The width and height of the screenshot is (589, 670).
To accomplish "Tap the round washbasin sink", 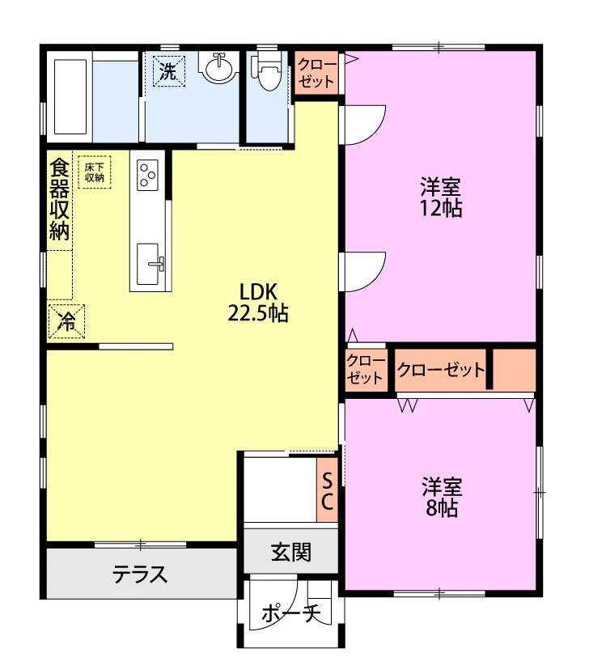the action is coord(219,68).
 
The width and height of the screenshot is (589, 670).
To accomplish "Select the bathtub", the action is coord(70,96).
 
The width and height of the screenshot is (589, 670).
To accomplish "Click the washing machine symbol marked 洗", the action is coord(169,71).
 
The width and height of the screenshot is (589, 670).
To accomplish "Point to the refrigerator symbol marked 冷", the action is coord(66,321).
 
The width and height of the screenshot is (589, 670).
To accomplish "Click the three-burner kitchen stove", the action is coord(148,175).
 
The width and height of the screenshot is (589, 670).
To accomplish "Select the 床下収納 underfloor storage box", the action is coord(95,172).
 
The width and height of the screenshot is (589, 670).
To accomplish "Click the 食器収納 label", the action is coord(59,199).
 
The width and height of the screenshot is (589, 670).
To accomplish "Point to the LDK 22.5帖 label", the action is coord(258,303).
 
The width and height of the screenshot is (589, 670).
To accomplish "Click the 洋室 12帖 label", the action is coord(440,197).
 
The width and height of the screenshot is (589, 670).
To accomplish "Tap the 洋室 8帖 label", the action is coord(441,497).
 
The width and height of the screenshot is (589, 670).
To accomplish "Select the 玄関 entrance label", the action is coord(291,552).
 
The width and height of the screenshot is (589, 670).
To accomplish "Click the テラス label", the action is coord(140,575).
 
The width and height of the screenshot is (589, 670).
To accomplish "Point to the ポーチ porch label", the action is coord(290,613).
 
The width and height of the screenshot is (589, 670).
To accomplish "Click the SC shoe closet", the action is coord(327,490).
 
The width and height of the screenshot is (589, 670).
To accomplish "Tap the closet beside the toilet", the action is coord(316,73).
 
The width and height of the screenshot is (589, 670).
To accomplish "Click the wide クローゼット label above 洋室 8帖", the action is coord(441,370).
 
